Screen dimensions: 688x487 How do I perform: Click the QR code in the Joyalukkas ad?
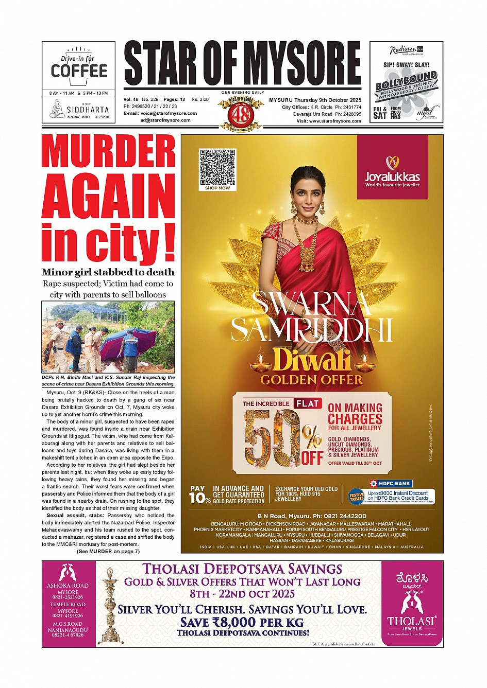point(217,167)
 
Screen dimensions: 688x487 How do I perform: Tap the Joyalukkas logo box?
point(393,168)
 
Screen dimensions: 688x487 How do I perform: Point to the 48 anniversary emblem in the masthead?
point(241,113)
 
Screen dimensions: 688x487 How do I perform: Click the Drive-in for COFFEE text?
point(79,67)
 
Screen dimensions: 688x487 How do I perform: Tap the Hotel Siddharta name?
point(87,110)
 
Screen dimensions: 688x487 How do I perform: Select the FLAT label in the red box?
point(308,403)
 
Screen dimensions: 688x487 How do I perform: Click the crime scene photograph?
point(108,338)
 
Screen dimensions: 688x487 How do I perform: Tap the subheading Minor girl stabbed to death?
point(108,272)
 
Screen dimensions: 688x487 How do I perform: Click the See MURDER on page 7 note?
point(108,551)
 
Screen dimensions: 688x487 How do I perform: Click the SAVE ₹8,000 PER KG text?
point(242,622)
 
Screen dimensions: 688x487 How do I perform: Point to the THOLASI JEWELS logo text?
point(412,621)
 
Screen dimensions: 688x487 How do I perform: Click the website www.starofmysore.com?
point(335,121)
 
